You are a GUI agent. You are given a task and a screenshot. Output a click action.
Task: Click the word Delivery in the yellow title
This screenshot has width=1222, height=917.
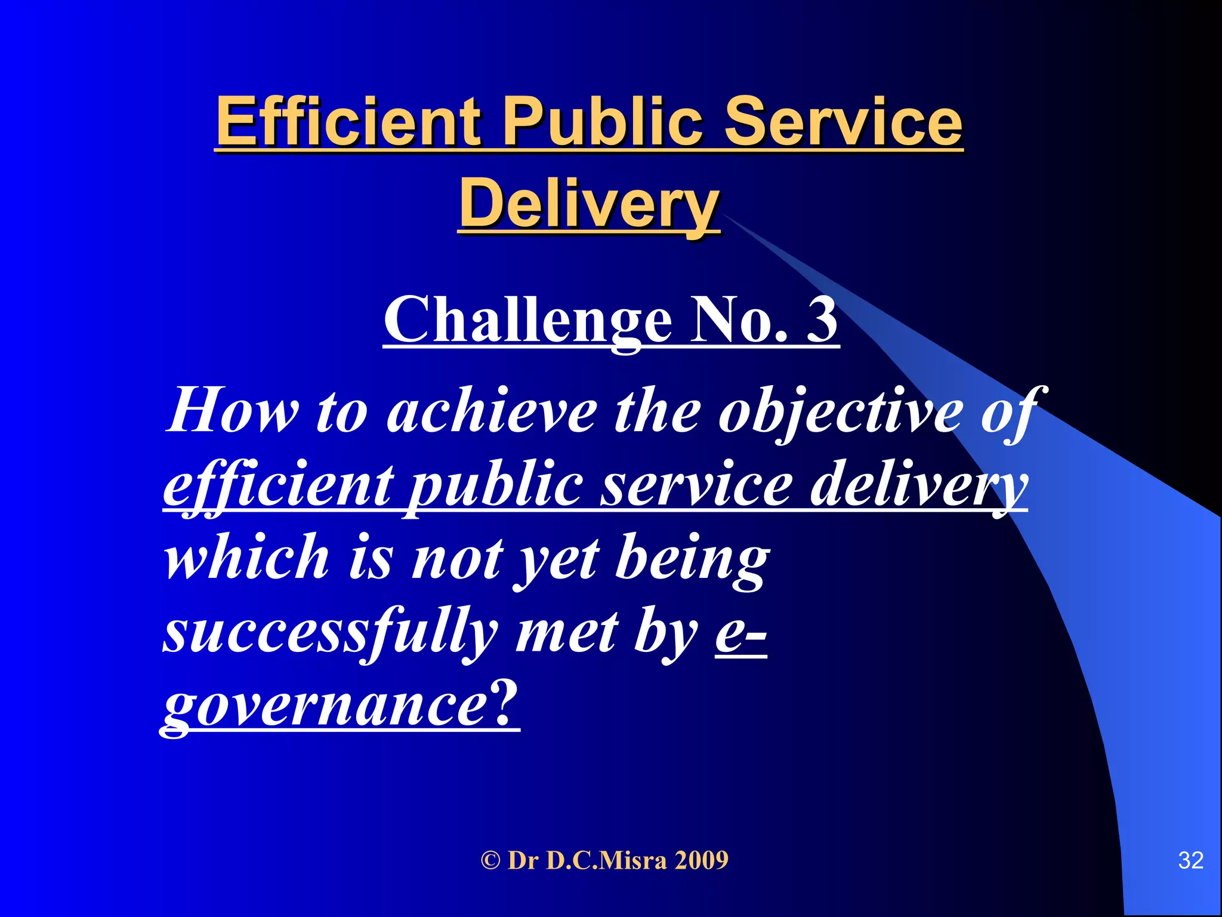coord(589,204)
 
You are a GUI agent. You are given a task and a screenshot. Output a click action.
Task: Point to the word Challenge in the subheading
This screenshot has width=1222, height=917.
coord(527,320)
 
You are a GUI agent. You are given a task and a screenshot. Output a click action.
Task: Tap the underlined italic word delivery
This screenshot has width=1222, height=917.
coord(919,486)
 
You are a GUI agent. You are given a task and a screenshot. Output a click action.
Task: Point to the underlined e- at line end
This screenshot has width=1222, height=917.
coord(740,632)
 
